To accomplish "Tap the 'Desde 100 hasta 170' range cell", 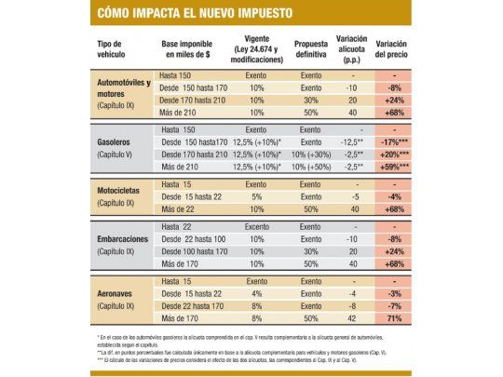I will point(193,250).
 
